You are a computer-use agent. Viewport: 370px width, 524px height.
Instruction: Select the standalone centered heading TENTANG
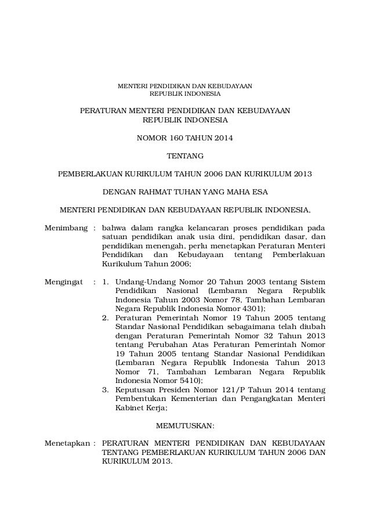click(x=185, y=156)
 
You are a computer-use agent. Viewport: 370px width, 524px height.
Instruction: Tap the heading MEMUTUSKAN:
click(x=185, y=425)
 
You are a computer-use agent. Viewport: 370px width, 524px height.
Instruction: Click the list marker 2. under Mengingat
click(x=106, y=319)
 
